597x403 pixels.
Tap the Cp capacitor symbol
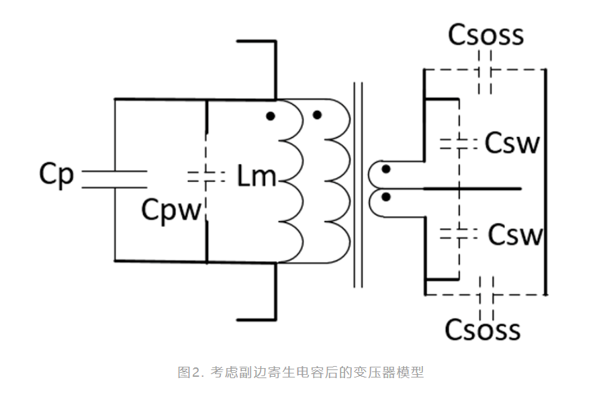click(x=114, y=179)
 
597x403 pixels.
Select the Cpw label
click(x=171, y=211)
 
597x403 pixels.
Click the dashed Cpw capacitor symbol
click(x=205, y=178)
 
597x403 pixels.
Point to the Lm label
click(x=257, y=177)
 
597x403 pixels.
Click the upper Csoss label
click(x=486, y=35)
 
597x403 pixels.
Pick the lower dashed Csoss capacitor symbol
click(x=486, y=293)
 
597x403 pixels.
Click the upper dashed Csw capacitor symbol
click(x=459, y=143)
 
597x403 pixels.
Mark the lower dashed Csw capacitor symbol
click(x=459, y=234)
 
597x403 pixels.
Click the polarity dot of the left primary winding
click(x=270, y=116)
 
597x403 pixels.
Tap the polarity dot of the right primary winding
click(x=317, y=116)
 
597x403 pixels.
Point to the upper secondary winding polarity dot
click(x=386, y=170)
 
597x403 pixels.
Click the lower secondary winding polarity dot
click(x=386, y=197)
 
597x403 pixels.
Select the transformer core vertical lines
click(x=359, y=185)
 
